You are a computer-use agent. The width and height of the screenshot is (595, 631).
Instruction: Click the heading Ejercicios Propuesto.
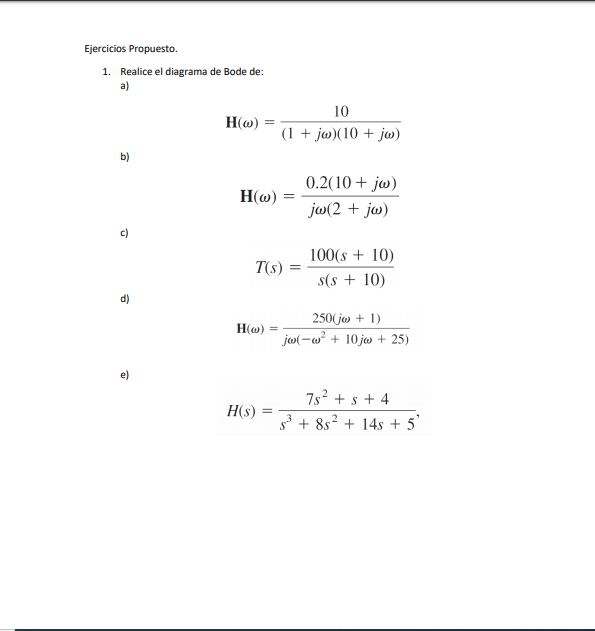tap(131, 48)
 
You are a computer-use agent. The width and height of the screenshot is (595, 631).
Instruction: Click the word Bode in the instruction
tap(236, 72)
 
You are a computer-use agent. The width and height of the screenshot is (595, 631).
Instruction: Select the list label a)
tap(125, 86)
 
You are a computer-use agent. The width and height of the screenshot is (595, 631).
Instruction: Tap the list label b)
tap(125, 157)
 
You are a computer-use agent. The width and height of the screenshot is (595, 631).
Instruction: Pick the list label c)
tap(125, 233)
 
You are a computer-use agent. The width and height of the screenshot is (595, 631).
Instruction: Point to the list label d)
tap(125, 299)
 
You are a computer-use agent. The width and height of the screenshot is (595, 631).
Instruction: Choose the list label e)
tap(125, 375)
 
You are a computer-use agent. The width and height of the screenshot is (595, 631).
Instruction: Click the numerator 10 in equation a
tap(341, 111)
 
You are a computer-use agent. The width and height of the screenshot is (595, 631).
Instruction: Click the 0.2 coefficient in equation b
tap(319, 183)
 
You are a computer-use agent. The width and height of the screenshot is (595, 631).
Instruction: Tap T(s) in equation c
tap(268, 268)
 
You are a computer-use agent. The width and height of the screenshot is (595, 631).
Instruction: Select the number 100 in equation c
tap(321, 256)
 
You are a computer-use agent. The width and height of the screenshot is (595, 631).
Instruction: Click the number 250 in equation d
tap(322, 318)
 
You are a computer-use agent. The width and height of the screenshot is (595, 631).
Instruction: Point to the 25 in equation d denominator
tap(398, 340)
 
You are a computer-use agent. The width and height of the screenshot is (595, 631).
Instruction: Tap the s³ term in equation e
tap(288, 425)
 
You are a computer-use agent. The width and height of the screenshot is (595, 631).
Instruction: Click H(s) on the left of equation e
tap(243, 412)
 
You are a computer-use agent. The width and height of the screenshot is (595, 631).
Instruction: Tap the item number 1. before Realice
tap(106, 72)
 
